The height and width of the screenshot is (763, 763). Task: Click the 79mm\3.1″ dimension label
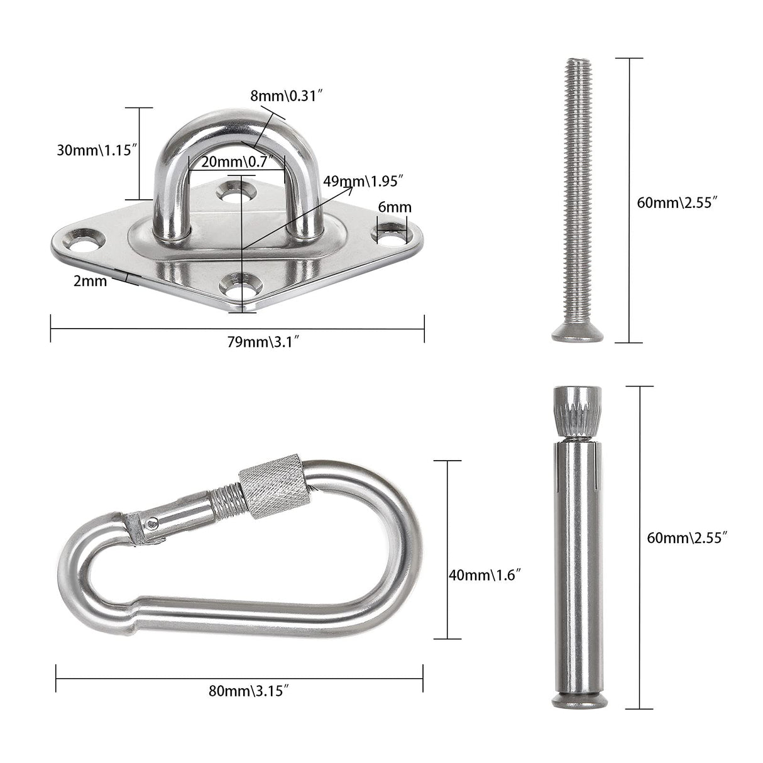(x=263, y=341)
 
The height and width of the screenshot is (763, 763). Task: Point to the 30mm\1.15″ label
(x=97, y=150)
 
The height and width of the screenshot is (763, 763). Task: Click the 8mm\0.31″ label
(x=287, y=96)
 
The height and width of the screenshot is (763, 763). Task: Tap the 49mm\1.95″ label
(x=363, y=182)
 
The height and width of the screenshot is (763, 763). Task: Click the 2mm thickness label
(x=91, y=281)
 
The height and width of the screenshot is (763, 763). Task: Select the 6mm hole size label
(x=395, y=207)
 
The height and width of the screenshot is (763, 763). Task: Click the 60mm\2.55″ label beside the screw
(x=677, y=203)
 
